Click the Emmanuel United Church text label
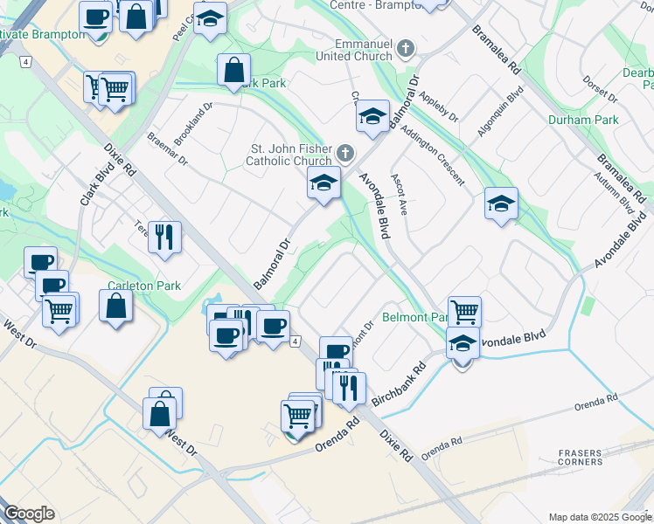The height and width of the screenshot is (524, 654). tap(363, 50)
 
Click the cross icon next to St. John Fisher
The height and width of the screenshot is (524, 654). tap(345, 155)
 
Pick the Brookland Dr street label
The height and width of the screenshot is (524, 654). tap(193, 122)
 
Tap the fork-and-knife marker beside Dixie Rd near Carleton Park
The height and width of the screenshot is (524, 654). tap(164, 236)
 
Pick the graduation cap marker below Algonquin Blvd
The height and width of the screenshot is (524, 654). tap(502, 204)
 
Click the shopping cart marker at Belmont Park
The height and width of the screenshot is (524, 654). tap(464, 312)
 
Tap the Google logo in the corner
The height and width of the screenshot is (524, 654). tap(30, 514)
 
